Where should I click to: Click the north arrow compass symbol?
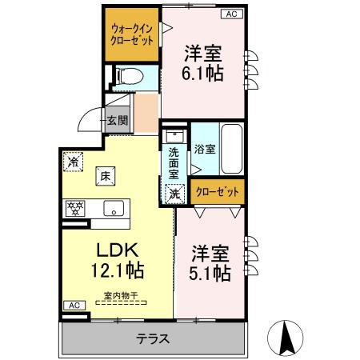point(285,338)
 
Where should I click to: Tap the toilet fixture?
point(130,76)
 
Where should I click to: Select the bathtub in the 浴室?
point(232,149)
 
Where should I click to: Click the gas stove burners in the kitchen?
point(75,208)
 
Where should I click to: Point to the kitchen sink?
point(114,208)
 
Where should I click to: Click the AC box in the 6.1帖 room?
point(232,14)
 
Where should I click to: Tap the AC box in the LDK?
point(74,306)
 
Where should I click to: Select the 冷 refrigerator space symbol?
point(73,162)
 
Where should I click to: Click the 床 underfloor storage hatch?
point(106,176)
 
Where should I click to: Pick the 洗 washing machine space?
point(174,194)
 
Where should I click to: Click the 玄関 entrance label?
point(118,121)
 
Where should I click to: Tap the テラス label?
point(153,339)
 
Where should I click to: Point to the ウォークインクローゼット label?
point(132,35)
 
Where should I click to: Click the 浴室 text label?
point(205,150)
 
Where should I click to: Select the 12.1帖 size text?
point(118,270)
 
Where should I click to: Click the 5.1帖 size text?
point(210,274)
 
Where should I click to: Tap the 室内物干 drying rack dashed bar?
point(121,302)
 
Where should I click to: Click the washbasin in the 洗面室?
point(174,136)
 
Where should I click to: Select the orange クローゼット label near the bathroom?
point(218,192)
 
